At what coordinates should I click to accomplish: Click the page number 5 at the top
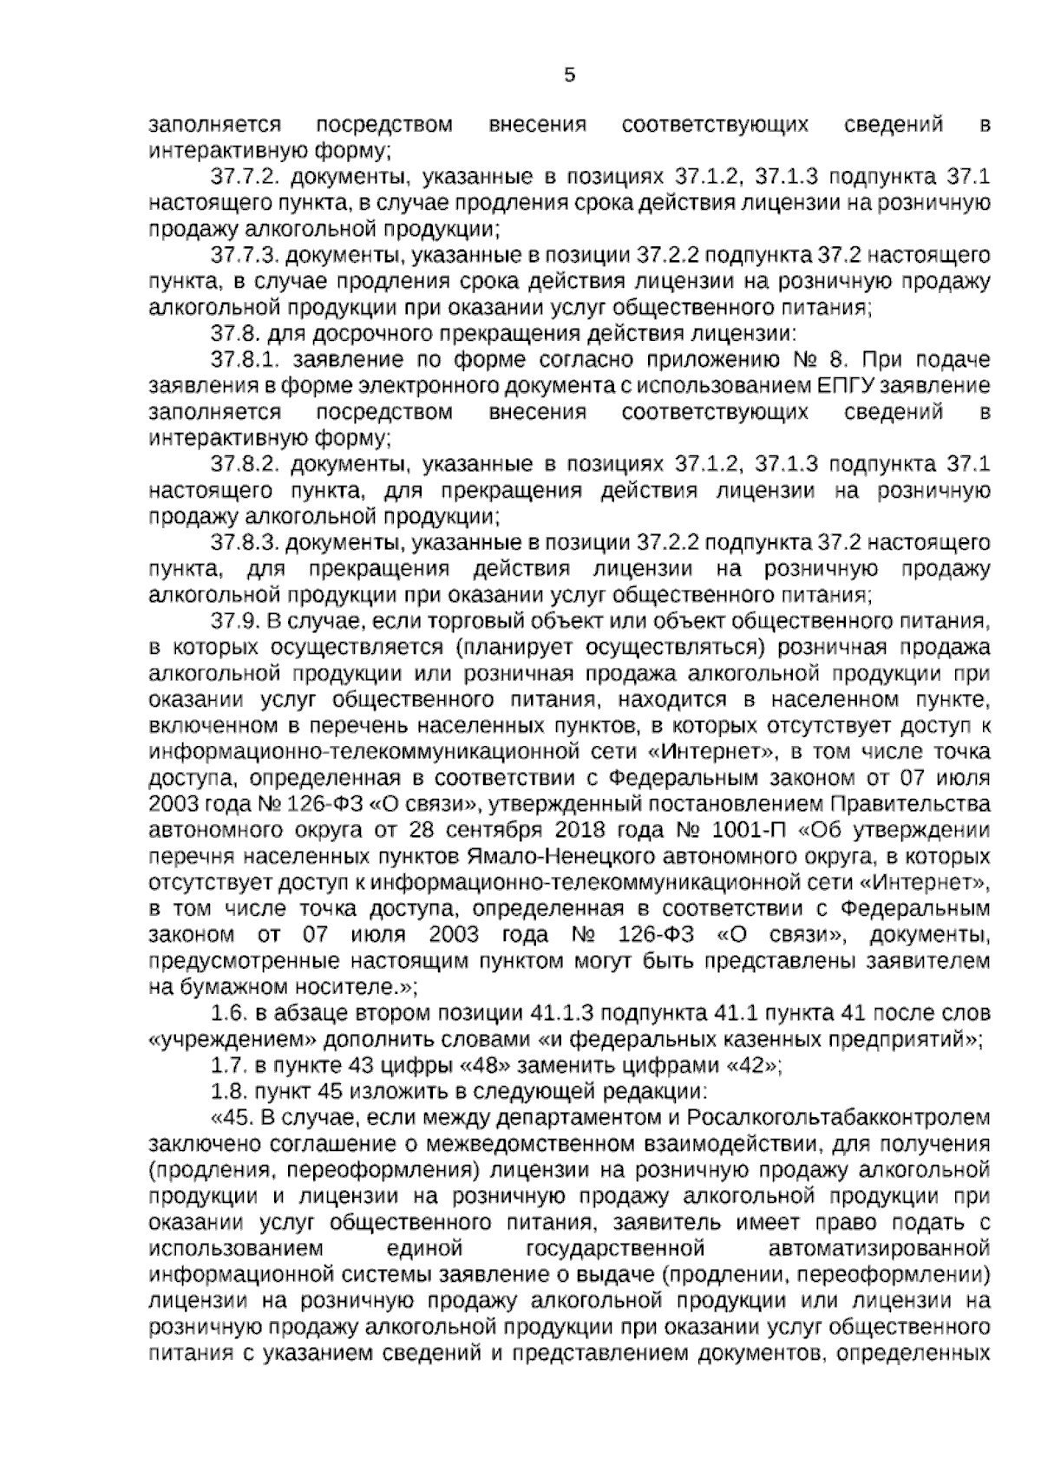point(569,75)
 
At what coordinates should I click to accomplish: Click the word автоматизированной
point(879,1249)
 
